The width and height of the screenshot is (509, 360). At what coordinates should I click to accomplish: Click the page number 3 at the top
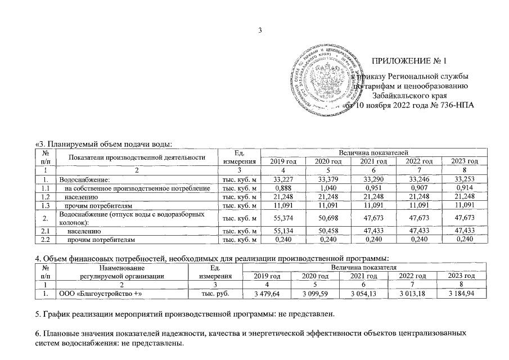[x=260, y=30]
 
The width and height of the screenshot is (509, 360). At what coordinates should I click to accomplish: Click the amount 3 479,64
[x=268, y=294]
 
